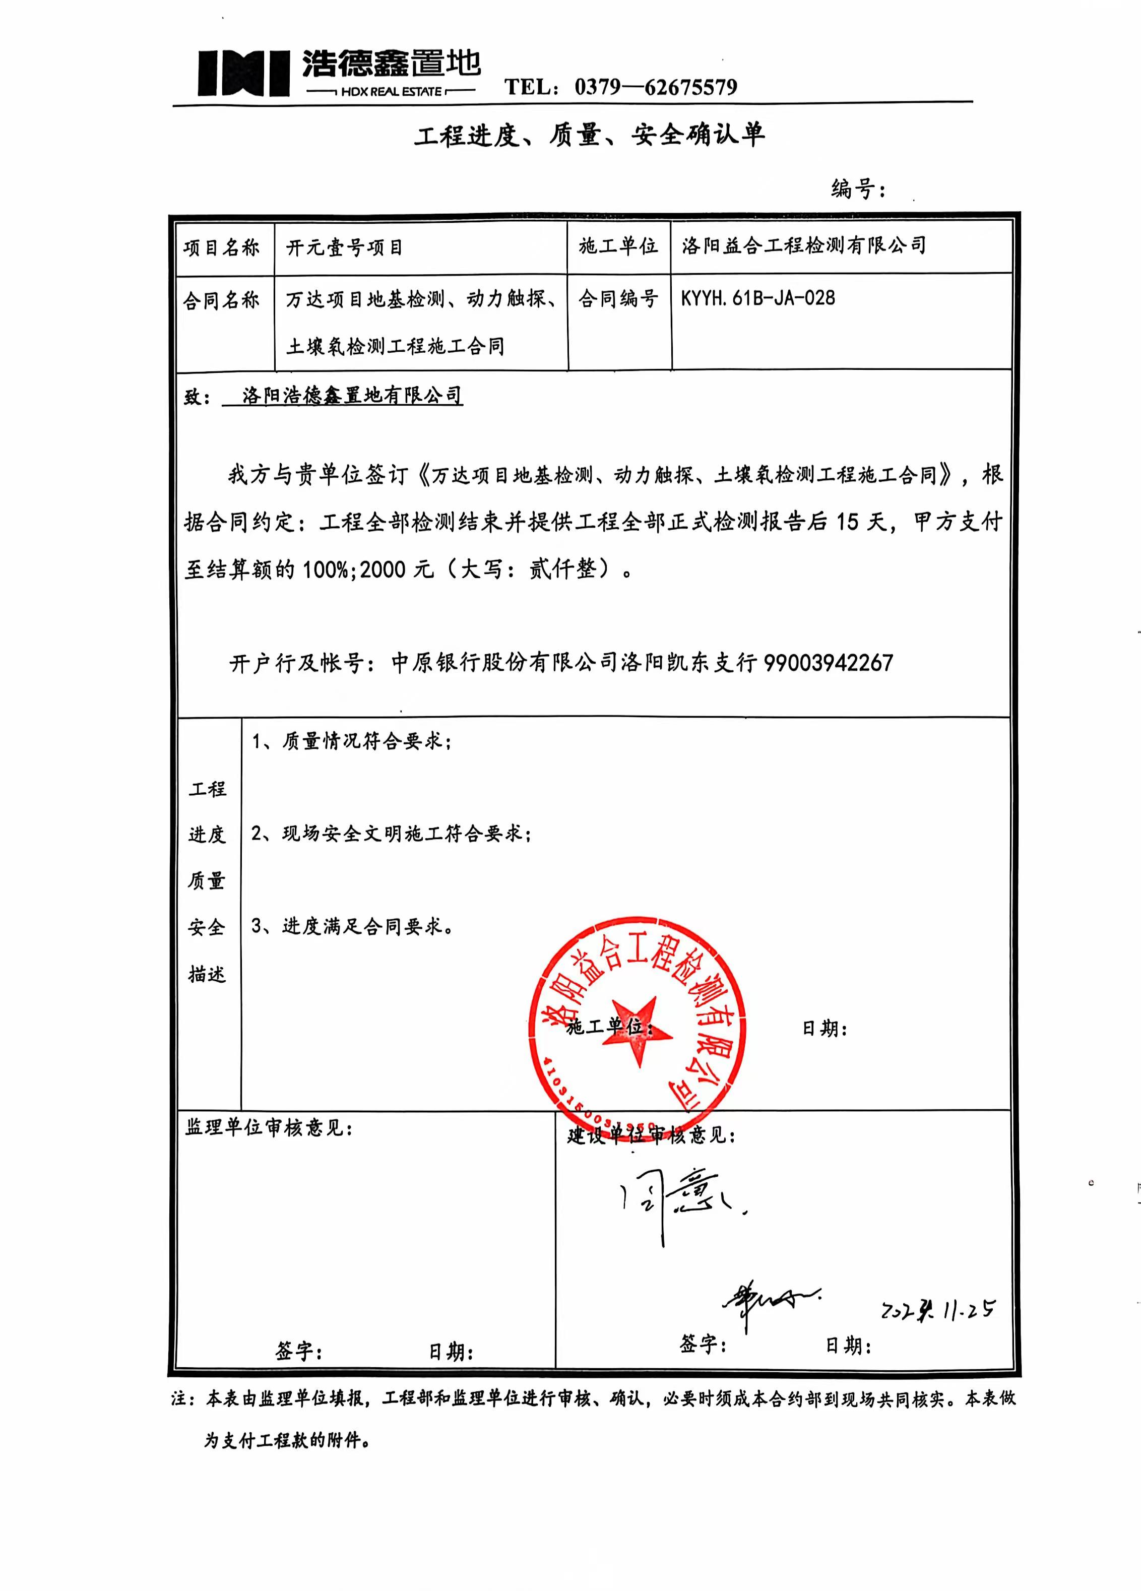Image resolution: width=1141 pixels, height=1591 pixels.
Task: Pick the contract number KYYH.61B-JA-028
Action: click(758, 299)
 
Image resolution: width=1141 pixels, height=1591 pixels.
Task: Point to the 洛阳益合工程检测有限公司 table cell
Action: click(803, 245)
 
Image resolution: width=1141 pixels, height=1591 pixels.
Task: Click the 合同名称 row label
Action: click(222, 301)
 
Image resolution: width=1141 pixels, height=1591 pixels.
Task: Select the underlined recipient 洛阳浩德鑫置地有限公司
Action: click(352, 396)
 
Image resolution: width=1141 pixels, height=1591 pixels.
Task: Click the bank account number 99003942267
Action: click(828, 662)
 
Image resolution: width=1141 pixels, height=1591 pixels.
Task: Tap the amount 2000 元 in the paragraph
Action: click(397, 569)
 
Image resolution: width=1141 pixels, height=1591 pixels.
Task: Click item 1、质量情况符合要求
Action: click(351, 741)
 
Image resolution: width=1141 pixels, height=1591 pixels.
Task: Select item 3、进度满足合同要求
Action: click(352, 926)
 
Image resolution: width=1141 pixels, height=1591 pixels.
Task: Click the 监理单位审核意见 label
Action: click(269, 1127)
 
